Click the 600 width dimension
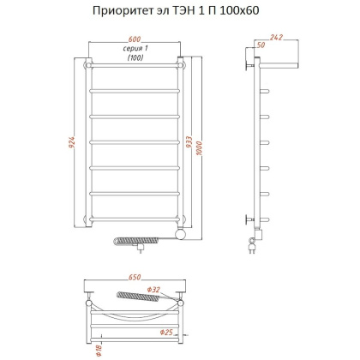135,39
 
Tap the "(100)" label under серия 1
135,58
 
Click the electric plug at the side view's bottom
254,249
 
